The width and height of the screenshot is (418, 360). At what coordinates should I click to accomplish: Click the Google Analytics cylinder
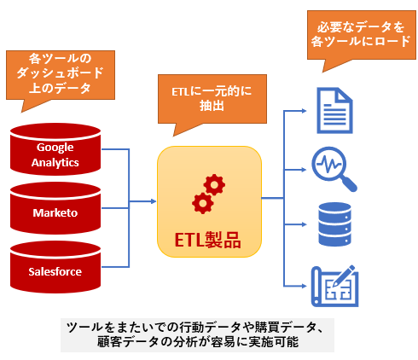[x=55, y=149]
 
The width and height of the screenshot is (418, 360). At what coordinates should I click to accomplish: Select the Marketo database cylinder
[x=55, y=208]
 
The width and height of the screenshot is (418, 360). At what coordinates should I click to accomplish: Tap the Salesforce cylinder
[x=55, y=267]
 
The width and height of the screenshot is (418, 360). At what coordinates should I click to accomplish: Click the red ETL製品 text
[x=207, y=241]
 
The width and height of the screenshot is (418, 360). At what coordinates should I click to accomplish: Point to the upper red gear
[x=214, y=185]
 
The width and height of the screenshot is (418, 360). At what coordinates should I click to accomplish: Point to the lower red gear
[x=203, y=203]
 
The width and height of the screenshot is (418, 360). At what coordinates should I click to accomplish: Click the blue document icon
[x=334, y=110]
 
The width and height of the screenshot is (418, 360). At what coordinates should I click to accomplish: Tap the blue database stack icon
[x=334, y=224]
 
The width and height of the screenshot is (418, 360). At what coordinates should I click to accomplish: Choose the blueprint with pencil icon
[x=334, y=287]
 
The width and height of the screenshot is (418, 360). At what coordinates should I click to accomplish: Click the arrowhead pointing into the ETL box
[x=154, y=201]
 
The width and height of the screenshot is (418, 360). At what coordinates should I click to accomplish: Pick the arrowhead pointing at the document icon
[x=304, y=111]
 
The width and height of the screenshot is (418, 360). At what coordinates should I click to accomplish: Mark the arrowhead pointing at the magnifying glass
[x=304, y=170]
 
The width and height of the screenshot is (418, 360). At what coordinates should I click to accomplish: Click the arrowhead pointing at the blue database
[x=304, y=224]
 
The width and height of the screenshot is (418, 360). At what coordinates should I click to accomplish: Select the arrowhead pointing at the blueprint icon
[x=304, y=286]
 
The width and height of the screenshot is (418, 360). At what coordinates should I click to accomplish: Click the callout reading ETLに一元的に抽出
[x=212, y=99]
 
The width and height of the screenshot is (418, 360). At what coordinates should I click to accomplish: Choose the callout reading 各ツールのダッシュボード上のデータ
[x=61, y=75]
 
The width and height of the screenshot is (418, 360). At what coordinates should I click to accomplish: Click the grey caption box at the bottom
[x=197, y=335]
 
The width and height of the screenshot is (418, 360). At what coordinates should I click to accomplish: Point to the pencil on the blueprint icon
[x=345, y=276]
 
